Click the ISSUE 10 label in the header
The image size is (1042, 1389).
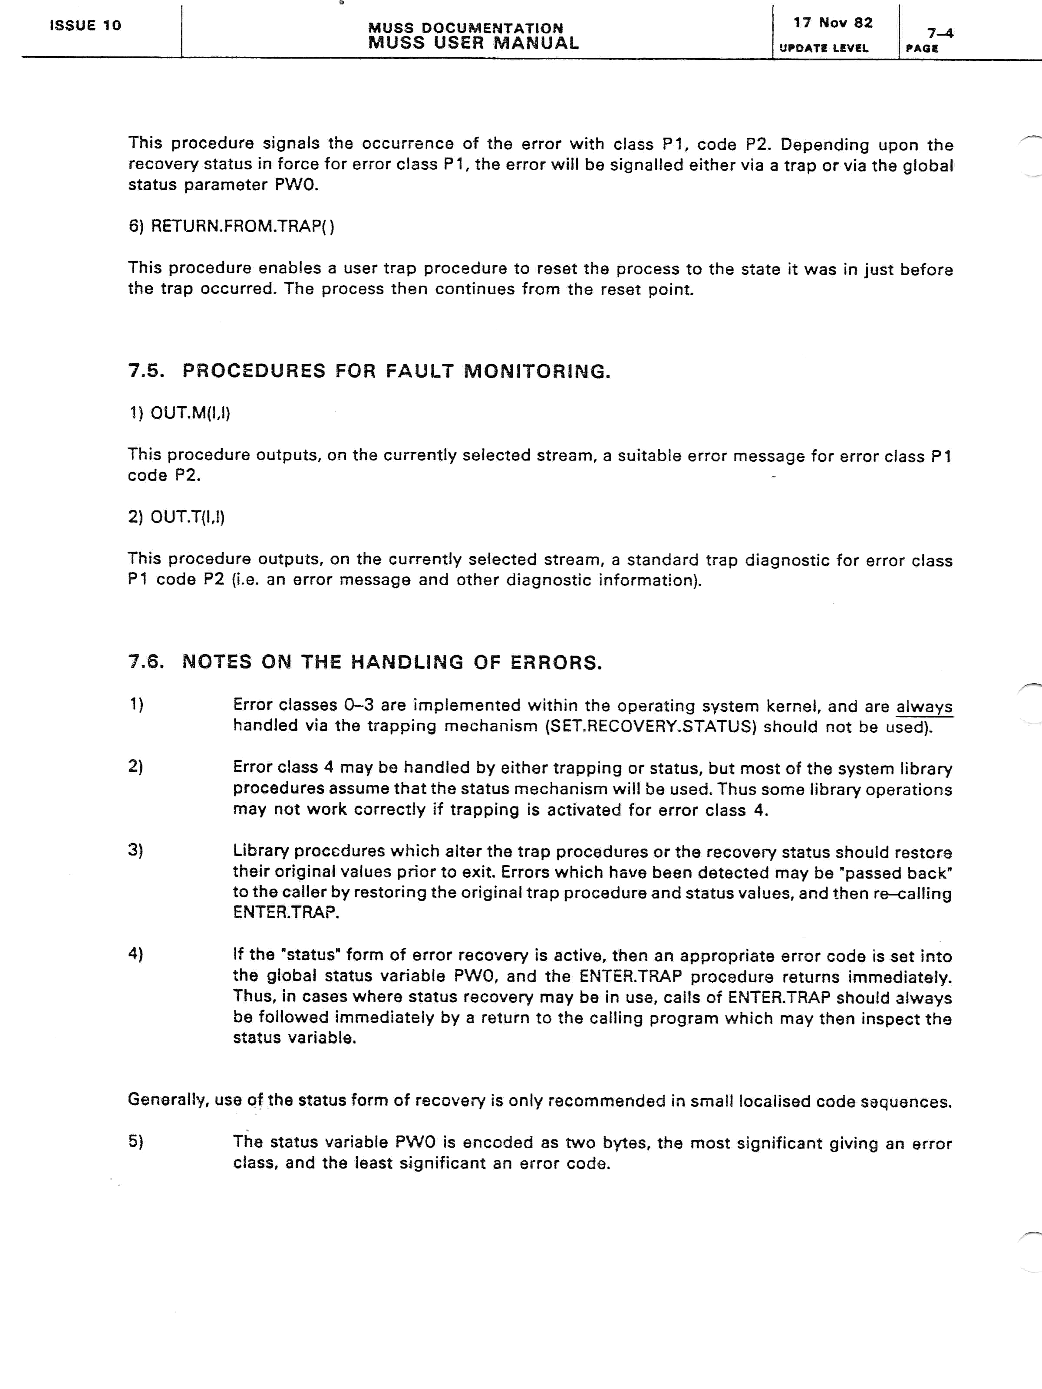click(x=86, y=26)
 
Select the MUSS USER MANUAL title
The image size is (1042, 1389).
click(x=473, y=43)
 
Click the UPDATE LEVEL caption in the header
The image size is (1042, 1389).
click(x=824, y=48)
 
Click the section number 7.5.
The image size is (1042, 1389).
click(x=146, y=371)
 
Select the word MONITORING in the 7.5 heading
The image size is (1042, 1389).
click(x=537, y=371)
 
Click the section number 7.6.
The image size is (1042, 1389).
click(x=146, y=662)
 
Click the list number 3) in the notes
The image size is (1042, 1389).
click(x=135, y=850)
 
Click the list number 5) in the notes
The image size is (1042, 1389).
click(x=135, y=1141)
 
